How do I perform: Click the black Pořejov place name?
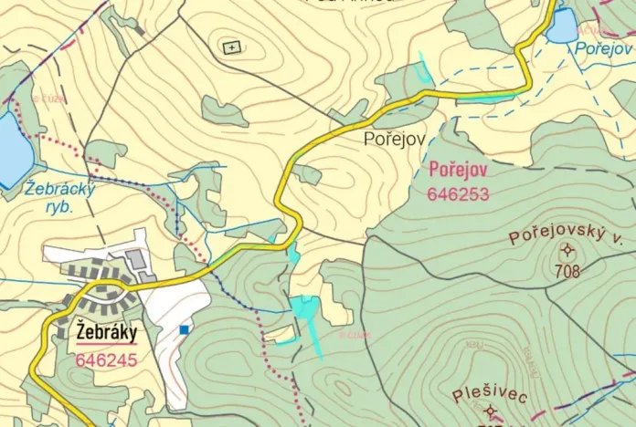coord(393,140)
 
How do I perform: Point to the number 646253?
coord(457,193)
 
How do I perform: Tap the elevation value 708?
coord(567,270)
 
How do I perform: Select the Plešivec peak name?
coord(489,394)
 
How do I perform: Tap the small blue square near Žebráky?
coord(184,329)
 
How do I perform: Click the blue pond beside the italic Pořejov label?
coord(562,26)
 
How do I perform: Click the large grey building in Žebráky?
coord(137,261)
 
